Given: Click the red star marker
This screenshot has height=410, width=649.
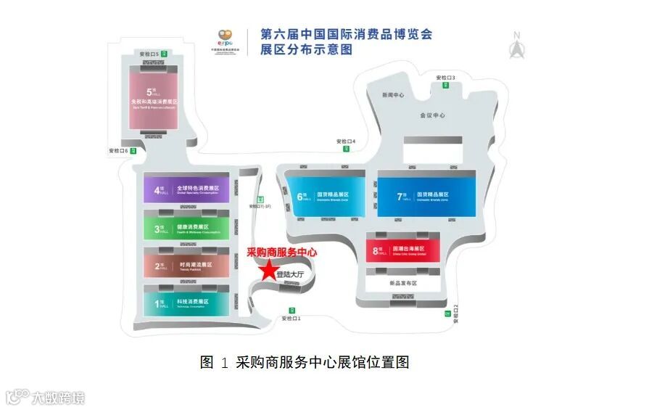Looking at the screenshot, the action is coord(269,271).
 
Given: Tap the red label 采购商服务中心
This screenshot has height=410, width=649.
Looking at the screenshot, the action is coord(283,252).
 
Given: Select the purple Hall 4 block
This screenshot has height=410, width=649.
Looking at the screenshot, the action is coord(186,191).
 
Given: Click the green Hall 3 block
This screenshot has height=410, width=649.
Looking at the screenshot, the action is coord(186,229).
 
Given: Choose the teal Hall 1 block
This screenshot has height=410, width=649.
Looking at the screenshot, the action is coord(186,303).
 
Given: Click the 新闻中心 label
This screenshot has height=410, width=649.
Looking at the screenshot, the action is coord(393,95).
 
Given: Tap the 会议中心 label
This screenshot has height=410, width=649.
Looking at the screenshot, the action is coord(432,115).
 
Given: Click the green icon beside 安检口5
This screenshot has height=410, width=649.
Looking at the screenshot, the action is coord(165,54).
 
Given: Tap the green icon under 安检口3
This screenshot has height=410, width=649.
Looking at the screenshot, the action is coord(446,86).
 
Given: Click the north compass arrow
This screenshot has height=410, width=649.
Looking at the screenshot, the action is coord(517,47).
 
